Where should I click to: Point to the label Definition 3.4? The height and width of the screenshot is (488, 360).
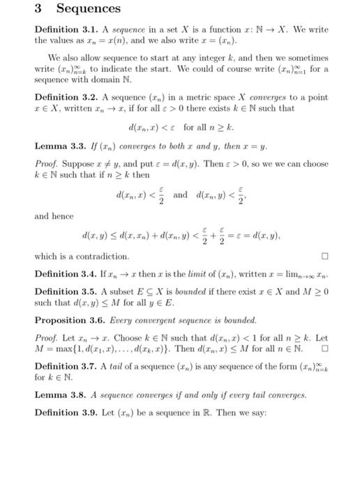[63, 277]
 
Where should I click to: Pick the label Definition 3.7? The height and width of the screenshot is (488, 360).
[63, 364]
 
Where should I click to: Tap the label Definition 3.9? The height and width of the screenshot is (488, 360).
[63, 411]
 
